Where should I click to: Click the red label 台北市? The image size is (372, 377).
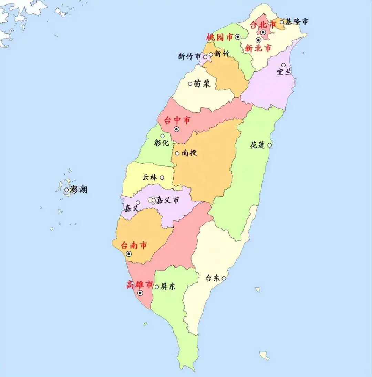pyautogui.click(x=263, y=24)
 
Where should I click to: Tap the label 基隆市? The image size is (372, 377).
pyautogui.click(x=296, y=22)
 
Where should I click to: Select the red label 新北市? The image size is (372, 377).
pyautogui.click(x=258, y=49)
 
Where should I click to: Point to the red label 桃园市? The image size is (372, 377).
pyautogui.click(x=219, y=37)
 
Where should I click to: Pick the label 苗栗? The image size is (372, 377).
pyautogui.click(x=202, y=84)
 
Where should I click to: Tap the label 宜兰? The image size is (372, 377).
pyautogui.click(x=284, y=72)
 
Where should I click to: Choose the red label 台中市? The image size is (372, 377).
pyautogui.click(x=177, y=120)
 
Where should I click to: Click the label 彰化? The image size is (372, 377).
pyautogui.click(x=162, y=142)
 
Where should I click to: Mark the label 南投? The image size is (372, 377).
pyautogui.click(x=189, y=153)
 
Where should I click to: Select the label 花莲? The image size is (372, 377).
pyautogui.click(x=258, y=145)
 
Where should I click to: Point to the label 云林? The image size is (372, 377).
pyautogui.click(x=149, y=177)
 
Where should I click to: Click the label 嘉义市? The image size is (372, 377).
pyautogui.click(x=168, y=200)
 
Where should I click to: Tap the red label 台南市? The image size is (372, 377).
pyautogui.click(x=134, y=245)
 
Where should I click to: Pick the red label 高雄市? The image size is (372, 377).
pyautogui.click(x=139, y=284)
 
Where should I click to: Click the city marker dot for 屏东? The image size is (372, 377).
pyautogui.click(x=157, y=287)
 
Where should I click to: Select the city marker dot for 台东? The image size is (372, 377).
pyautogui.click(x=224, y=278)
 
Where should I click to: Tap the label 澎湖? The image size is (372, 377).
pyautogui.click(x=79, y=189)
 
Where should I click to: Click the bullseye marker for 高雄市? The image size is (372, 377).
pyautogui.click(x=140, y=293)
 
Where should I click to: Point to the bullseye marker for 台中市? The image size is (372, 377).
pyautogui.click(x=177, y=129)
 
